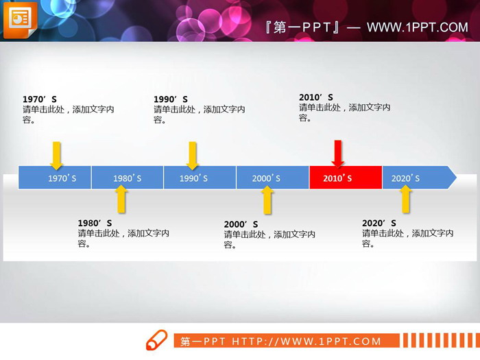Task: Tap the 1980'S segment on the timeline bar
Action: click(x=127, y=178)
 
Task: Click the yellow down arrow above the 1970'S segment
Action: click(x=56, y=156)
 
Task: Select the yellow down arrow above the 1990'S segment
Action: click(x=193, y=156)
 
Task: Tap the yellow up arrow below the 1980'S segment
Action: click(x=121, y=199)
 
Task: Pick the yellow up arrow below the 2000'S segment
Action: click(x=267, y=200)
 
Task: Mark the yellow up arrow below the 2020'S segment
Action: click(x=405, y=199)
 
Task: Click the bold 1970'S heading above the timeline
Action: click(x=39, y=99)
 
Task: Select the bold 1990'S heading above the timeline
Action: click(x=171, y=99)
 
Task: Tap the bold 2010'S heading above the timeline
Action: click(x=316, y=97)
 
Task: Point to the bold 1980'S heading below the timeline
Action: click(x=95, y=223)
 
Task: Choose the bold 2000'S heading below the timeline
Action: click(x=241, y=224)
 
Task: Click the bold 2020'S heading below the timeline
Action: click(x=379, y=223)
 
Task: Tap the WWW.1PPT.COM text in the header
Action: click(x=417, y=27)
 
